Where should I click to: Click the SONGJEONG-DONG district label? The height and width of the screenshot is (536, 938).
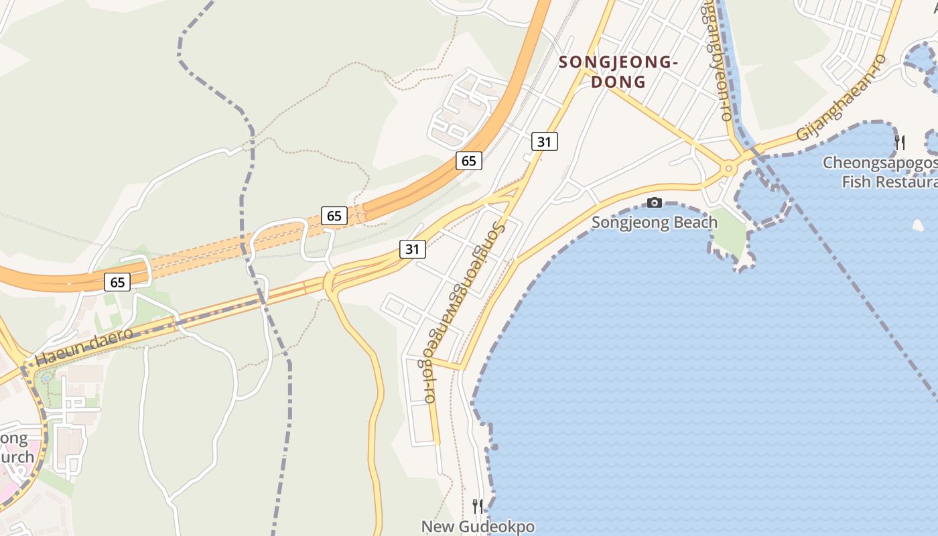click(618, 72)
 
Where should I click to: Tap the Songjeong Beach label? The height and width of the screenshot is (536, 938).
click(654, 222)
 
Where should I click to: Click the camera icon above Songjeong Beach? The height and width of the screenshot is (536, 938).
click(655, 202)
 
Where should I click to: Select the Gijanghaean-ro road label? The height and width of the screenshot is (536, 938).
click(841, 98)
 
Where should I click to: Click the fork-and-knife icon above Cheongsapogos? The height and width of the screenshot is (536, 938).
click(900, 142)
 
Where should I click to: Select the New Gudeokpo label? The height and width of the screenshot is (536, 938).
click(478, 527)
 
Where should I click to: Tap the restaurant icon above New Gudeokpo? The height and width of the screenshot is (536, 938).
click(478, 506)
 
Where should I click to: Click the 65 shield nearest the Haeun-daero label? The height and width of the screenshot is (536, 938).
click(117, 282)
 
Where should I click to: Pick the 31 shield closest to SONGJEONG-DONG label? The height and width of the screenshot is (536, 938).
click(545, 141)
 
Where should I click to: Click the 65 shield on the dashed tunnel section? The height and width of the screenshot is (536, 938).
click(334, 215)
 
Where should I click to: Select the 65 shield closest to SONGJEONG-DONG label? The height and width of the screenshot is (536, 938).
click(468, 160)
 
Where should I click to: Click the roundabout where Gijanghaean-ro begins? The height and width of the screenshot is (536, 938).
click(728, 168)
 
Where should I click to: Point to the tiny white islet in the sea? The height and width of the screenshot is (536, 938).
click(918, 226)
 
